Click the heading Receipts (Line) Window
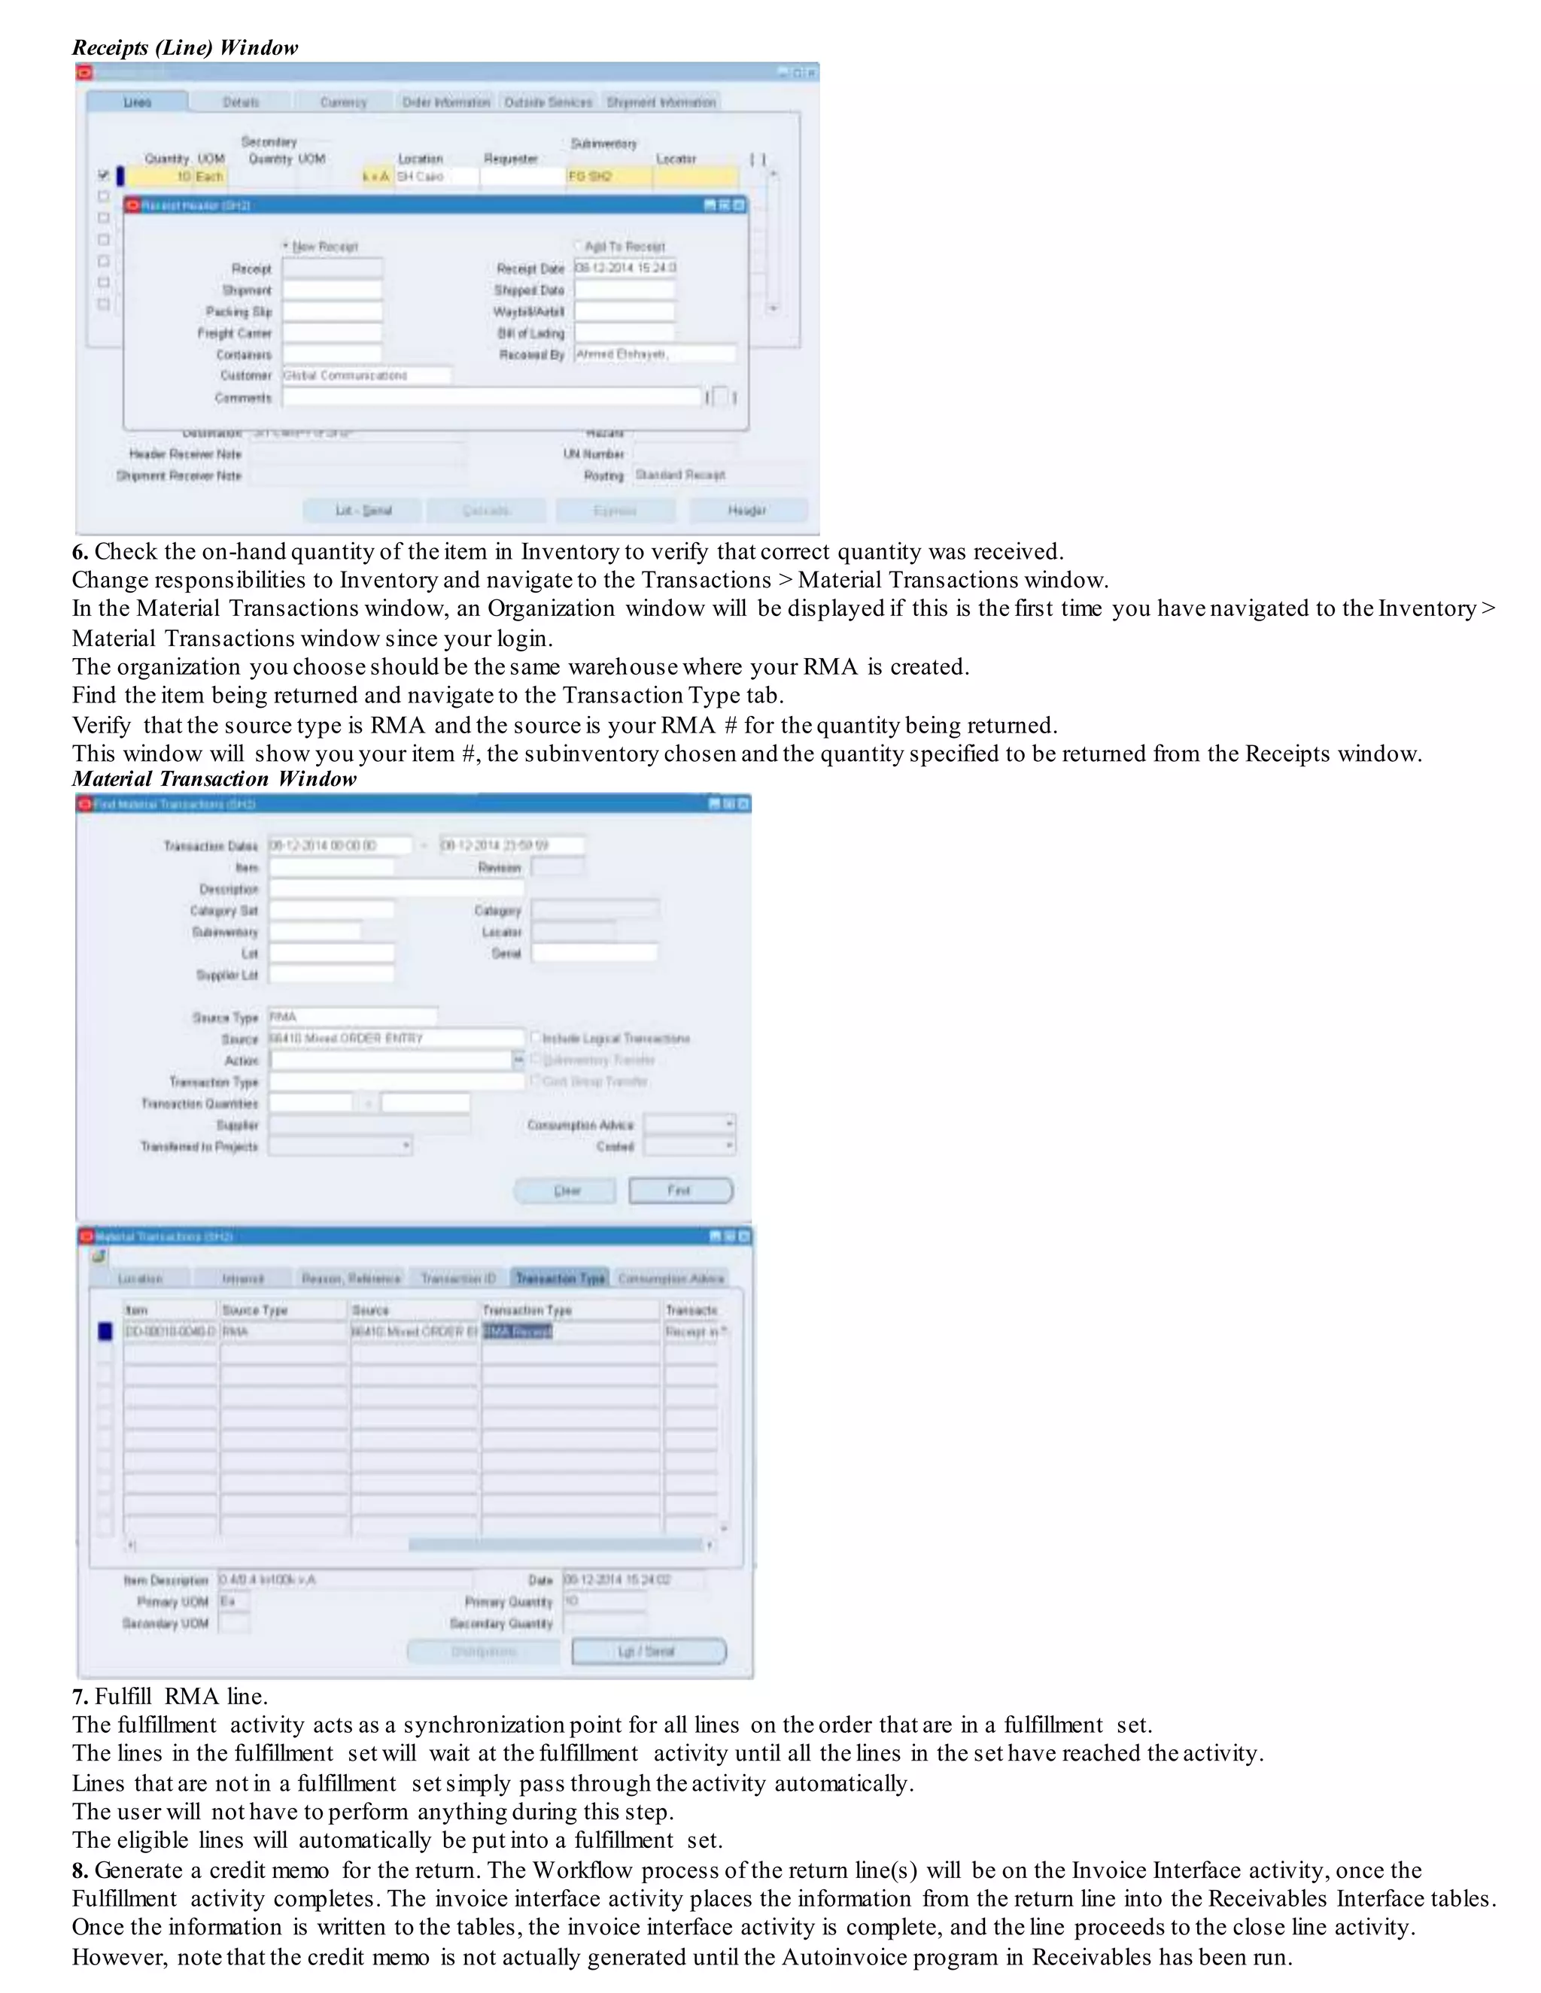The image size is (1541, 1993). [185, 47]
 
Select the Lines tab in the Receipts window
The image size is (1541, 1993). [137, 102]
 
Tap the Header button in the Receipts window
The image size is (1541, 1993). [746, 510]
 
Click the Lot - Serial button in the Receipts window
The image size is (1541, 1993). [363, 510]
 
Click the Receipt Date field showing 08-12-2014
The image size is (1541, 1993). [625, 268]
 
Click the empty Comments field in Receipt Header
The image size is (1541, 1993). [491, 398]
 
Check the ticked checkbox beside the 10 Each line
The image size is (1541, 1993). [103, 175]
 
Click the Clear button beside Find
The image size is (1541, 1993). [565, 1191]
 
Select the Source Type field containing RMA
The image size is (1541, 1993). [351, 1017]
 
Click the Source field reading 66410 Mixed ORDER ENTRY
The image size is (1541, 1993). [395, 1039]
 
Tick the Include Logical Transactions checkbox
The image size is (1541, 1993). [536, 1038]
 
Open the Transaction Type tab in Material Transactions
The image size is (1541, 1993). [560, 1279]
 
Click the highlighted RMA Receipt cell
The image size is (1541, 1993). [518, 1331]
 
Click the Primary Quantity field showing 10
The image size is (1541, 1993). [604, 1601]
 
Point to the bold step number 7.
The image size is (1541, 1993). [81, 1697]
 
